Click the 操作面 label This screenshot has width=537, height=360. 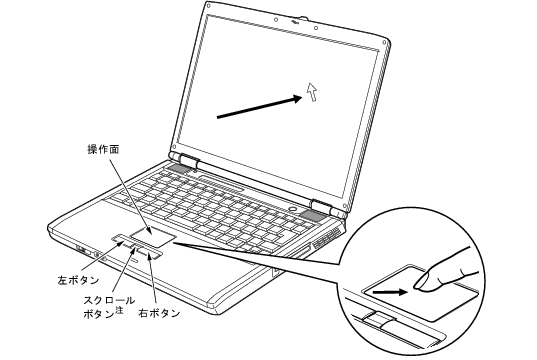pos(103,150)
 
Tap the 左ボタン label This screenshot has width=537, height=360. pos(78,280)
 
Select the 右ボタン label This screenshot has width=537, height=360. pos(159,313)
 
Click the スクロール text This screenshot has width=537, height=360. pos(109,301)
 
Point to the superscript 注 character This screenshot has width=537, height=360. pos(119,310)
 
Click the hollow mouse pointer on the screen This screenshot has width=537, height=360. pos(312,91)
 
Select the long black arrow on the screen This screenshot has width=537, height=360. pos(260,107)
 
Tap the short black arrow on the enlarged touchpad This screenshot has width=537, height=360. pos(390,293)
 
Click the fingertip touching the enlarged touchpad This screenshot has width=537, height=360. pos(421,283)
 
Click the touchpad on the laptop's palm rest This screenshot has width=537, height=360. pos(153,236)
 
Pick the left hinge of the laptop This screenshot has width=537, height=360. pos(187,161)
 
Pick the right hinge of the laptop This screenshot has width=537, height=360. pos(322,206)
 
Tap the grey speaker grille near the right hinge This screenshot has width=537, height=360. pos(311,215)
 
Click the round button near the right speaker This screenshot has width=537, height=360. pos(292,208)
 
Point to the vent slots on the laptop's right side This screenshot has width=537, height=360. pos(327,239)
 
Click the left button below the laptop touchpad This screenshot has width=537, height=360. pos(121,238)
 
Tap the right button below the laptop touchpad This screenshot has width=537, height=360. pos(150,254)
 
